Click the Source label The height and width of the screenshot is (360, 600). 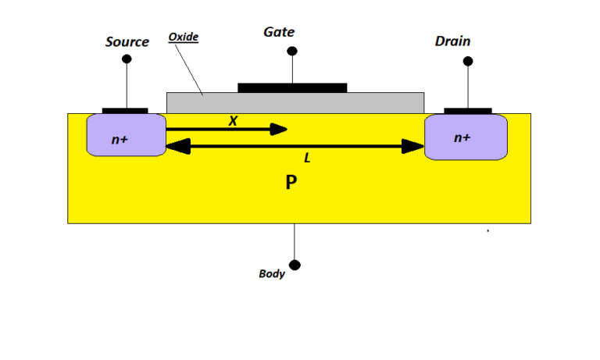tap(127, 42)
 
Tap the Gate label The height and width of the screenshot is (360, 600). tap(279, 32)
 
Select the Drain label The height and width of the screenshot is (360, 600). tap(452, 41)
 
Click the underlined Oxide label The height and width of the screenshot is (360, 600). tap(183, 37)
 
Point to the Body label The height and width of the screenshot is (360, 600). tap(272, 274)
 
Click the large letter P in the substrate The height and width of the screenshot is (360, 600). tap(291, 184)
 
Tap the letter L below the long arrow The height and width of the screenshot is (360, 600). tap(307, 158)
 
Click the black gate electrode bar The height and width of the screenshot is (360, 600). tap(292, 87)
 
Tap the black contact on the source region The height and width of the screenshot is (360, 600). tap(125, 110)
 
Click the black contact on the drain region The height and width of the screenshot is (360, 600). tap(468, 111)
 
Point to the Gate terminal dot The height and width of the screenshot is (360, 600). tap(292, 52)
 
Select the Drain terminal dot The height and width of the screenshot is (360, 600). tap(468, 61)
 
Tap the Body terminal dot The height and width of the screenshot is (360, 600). tap(295, 265)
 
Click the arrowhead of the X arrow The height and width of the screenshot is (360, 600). tap(280, 130)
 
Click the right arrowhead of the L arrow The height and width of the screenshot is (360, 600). tap(413, 145)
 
